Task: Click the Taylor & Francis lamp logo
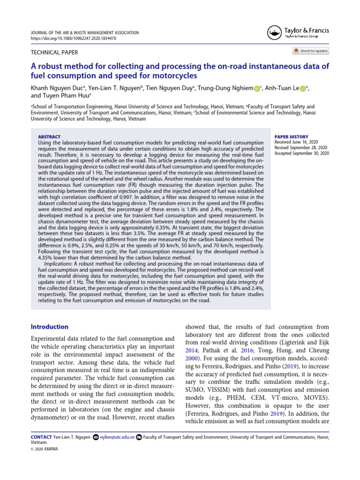[274, 32]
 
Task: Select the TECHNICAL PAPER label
[54, 53]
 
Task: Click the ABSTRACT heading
[49, 136]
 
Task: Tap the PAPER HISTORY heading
[291, 136]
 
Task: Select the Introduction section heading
[49, 327]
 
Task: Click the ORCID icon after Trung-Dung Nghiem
[257, 89]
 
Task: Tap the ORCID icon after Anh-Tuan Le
[303, 89]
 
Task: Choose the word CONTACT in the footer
[41, 437]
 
